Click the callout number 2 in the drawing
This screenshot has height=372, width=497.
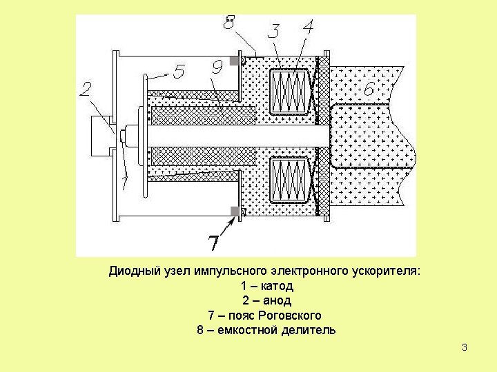click(86, 89)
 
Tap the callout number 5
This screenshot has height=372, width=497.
click(179, 72)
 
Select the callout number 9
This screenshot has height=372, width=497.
click(217, 68)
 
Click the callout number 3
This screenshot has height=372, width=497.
click(273, 31)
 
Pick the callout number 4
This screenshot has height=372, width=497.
click(308, 28)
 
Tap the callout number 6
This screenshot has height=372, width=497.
click(369, 89)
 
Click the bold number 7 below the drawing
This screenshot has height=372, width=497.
click(214, 242)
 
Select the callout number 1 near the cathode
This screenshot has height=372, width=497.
click(125, 182)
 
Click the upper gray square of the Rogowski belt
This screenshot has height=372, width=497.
click(234, 61)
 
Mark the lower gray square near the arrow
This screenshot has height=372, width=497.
click(234, 210)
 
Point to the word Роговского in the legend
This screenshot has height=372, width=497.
click(290, 316)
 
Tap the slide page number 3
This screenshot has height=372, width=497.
click(465, 347)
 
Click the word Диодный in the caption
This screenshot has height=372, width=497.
click(132, 271)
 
